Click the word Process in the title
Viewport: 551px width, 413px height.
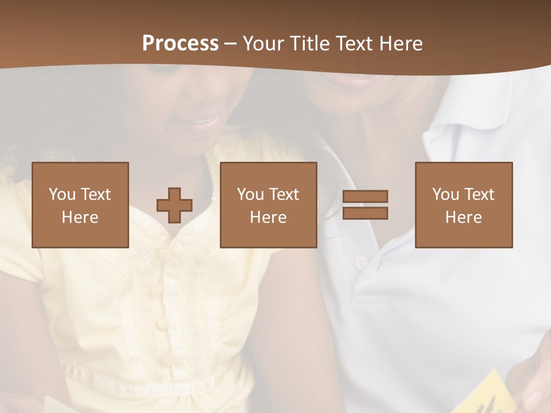[x=180, y=44]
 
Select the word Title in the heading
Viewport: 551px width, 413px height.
[x=311, y=44]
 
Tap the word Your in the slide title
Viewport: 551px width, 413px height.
[x=265, y=44]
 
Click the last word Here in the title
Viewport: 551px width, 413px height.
[x=399, y=44]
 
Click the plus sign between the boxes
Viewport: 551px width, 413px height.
[x=174, y=205]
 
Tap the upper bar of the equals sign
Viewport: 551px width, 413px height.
[x=365, y=196]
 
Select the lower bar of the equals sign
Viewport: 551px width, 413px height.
[x=365, y=213]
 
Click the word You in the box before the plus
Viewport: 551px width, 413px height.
[x=61, y=194]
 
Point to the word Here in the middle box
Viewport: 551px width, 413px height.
[x=269, y=217]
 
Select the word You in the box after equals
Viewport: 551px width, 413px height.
[x=445, y=194]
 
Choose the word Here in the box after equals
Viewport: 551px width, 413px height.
[x=464, y=217]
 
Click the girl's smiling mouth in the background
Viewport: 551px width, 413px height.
[x=204, y=121]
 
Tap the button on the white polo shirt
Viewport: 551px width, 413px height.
[x=361, y=263]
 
